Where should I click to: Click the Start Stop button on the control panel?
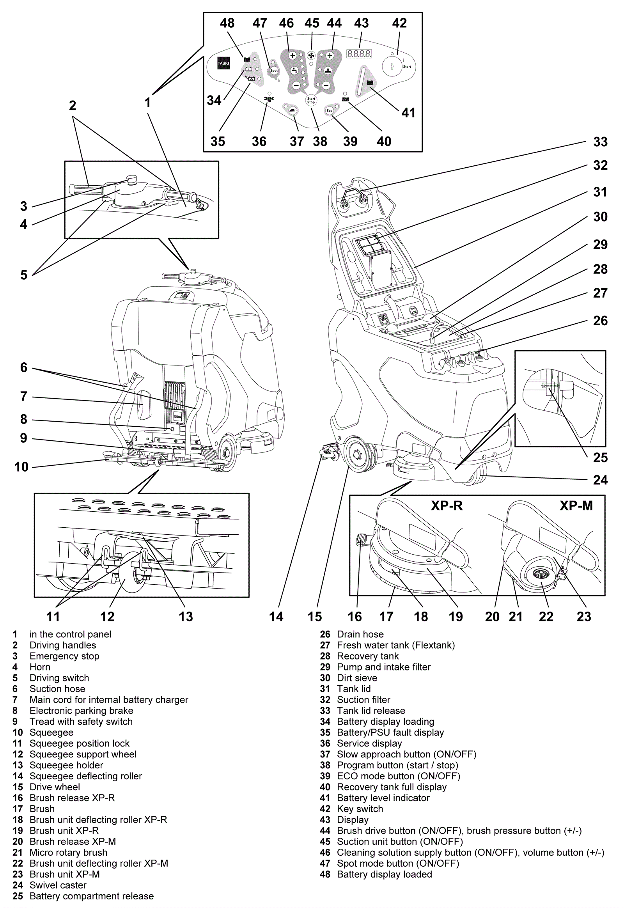(x=311, y=101)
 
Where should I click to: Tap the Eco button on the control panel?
(x=330, y=111)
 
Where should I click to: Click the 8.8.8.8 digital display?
(x=359, y=53)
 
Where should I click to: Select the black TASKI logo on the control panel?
(x=223, y=63)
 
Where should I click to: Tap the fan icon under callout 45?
(x=312, y=55)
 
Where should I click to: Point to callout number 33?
(x=600, y=142)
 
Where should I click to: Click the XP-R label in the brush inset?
(x=447, y=505)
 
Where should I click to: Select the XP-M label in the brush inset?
(x=576, y=505)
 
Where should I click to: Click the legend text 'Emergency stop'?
(x=64, y=656)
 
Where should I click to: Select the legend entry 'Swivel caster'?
(x=58, y=885)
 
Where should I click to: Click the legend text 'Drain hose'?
(x=360, y=634)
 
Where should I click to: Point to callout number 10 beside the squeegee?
(x=21, y=466)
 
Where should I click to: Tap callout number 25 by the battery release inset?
(x=600, y=458)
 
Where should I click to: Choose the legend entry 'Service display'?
(x=369, y=743)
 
